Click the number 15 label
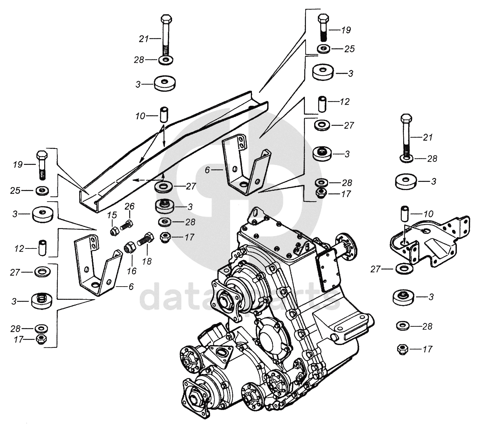point(112,215)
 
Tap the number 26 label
point(129,206)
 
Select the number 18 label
point(147,261)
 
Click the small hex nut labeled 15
point(114,231)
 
